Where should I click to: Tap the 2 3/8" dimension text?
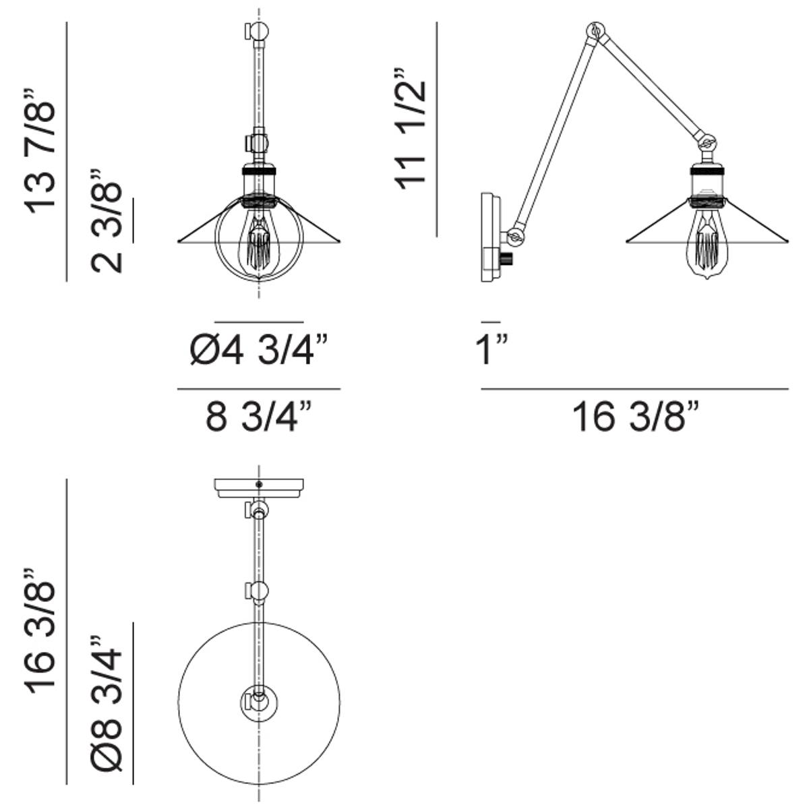coord(107,221)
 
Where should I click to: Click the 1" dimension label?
coord(492,350)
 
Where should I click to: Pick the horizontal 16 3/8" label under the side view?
coord(636,417)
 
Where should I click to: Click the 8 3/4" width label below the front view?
coord(258,417)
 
